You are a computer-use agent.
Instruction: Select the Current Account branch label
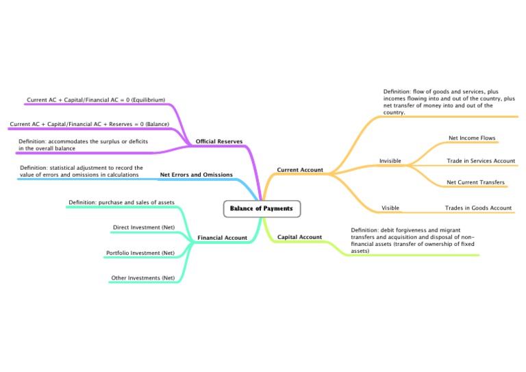coord(299,169)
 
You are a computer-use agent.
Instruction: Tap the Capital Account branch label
coord(299,237)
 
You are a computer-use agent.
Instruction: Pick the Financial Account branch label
coord(222,238)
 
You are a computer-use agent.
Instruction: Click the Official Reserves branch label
coord(218,142)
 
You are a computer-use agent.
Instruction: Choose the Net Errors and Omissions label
coord(196,175)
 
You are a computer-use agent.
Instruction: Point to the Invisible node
coord(390,161)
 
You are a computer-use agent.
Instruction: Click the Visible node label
coord(390,208)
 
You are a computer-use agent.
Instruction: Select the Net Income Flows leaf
coord(472,138)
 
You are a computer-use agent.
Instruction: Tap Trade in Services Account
coord(480,161)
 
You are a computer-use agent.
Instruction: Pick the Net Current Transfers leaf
coord(475,183)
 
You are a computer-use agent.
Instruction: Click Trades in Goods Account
coord(478,208)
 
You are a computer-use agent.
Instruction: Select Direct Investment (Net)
coord(143,227)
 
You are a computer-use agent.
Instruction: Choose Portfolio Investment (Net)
coord(140,253)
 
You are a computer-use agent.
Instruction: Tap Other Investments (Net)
coord(142,278)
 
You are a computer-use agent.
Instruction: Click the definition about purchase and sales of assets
coord(121,202)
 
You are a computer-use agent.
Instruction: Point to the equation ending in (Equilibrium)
coord(96,100)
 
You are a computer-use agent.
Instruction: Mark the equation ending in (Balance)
coord(89,125)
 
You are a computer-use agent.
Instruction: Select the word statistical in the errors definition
coord(65,167)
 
